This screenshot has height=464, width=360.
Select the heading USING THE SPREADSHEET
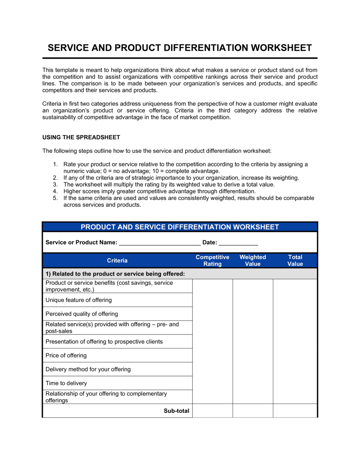click(x=81, y=137)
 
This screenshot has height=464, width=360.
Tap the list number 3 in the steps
click(x=55, y=185)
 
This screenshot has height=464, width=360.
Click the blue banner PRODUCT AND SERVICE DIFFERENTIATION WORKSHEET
click(x=180, y=227)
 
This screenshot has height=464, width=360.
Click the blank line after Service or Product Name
click(x=159, y=242)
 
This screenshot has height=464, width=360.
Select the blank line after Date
click(x=238, y=242)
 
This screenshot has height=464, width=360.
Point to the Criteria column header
click(x=117, y=261)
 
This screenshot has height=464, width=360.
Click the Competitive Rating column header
click(x=212, y=261)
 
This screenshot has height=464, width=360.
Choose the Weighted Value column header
click(x=253, y=261)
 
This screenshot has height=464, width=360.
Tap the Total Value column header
click(x=295, y=261)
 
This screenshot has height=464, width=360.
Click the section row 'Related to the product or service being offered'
click(x=115, y=274)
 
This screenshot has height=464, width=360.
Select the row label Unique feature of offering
click(x=78, y=300)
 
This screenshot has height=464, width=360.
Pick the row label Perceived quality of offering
click(x=82, y=314)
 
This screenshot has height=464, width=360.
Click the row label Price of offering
click(x=66, y=356)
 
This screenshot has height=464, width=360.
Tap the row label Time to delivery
click(x=66, y=383)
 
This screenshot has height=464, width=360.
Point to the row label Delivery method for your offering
click(x=88, y=369)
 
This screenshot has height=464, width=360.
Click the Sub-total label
click(x=176, y=411)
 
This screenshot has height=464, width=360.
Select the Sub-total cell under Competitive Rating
click(x=212, y=411)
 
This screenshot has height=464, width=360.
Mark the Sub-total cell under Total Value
click(x=295, y=411)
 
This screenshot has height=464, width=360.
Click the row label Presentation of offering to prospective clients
click(x=104, y=342)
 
